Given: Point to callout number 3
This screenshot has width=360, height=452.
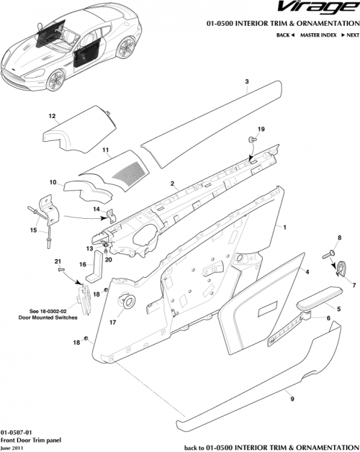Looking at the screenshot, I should (x=247, y=83).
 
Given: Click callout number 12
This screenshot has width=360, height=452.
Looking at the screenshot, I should (x=52, y=115).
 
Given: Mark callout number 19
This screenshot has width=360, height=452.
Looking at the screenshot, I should (x=261, y=129).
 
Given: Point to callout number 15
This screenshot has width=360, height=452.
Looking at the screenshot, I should (x=32, y=230).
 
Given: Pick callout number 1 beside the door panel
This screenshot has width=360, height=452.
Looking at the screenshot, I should (x=285, y=227).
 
